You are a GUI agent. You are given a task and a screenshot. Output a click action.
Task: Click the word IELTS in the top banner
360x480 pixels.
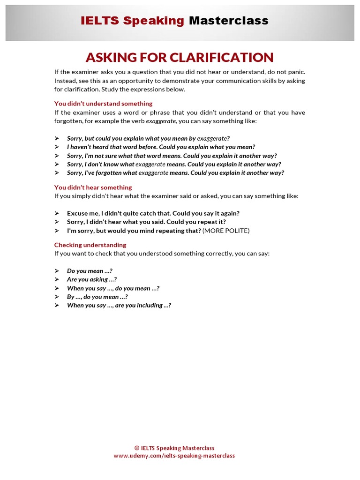coord(100,21)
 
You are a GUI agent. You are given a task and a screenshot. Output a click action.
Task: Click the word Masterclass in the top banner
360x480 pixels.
coord(228,21)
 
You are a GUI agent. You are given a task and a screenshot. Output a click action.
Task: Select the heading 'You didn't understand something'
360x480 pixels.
coord(103,104)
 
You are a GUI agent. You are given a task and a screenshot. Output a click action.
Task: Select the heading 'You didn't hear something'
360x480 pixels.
coord(93,187)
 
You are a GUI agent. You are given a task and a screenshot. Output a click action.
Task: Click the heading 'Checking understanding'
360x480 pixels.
coord(90,245)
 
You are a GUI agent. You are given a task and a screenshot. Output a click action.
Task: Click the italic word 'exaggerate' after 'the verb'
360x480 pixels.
coord(161,121)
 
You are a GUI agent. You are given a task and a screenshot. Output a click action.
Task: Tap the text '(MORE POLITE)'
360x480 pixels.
coord(226,231)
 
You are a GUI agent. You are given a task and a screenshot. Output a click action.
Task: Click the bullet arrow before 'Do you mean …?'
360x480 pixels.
coord(57,271)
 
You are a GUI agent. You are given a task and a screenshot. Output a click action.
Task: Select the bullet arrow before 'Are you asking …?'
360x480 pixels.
coord(57,279)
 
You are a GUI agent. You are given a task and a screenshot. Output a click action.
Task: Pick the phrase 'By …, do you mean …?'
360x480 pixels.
coord(97,297)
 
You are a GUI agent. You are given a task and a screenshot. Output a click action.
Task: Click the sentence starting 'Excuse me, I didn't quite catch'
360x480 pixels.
coord(153,213)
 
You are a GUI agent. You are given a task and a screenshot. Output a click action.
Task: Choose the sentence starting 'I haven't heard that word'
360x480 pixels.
coord(161,147)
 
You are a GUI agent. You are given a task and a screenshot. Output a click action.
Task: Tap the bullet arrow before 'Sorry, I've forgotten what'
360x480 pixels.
coord(57,173)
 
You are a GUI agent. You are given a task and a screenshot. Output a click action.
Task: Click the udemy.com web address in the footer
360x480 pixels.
coord(174,456)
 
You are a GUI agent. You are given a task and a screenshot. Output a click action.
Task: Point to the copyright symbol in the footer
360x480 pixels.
coord(136,448)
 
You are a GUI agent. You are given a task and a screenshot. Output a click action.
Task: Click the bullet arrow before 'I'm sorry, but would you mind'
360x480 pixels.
coord(57,231)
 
